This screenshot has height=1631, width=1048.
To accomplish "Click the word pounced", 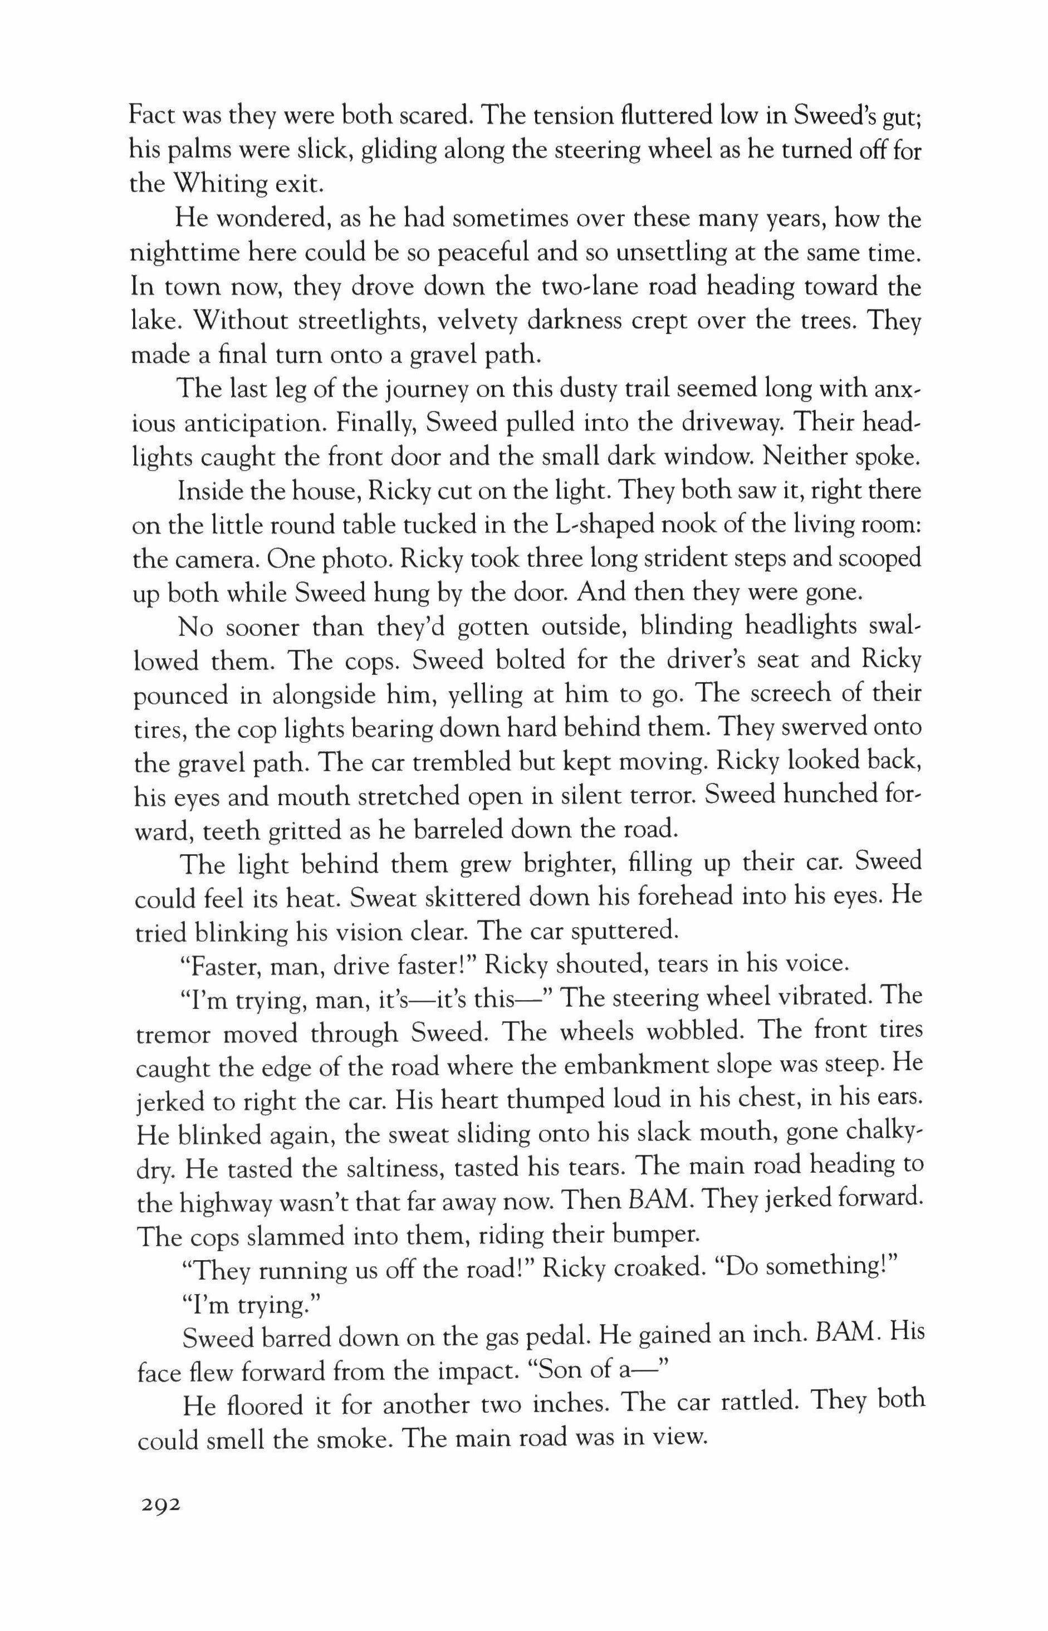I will click(x=179, y=695).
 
